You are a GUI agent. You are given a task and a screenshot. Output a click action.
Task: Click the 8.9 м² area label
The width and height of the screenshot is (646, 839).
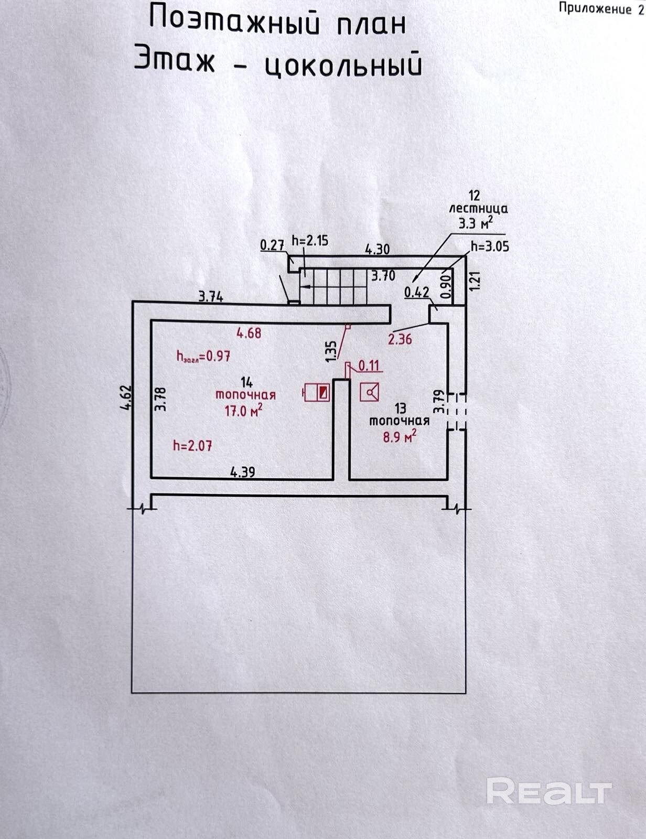point(400,436)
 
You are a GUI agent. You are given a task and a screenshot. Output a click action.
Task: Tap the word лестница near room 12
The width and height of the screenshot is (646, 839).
point(478,209)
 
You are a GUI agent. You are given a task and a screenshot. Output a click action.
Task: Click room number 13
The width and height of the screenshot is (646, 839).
point(400,407)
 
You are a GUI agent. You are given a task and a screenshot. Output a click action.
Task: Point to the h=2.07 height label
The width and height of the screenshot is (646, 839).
point(192,446)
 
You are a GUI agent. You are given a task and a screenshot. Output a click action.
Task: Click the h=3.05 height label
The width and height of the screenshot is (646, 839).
point(490,246)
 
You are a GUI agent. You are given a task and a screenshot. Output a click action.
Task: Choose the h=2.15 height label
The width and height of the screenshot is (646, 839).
point(310,241)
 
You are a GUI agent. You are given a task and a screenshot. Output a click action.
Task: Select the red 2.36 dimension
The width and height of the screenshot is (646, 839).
point(400,339)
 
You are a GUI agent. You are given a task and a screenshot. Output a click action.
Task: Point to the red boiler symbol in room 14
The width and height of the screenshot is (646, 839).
point(317,393)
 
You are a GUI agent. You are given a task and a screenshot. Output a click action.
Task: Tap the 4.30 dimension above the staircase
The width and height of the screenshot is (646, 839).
point(377,250)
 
